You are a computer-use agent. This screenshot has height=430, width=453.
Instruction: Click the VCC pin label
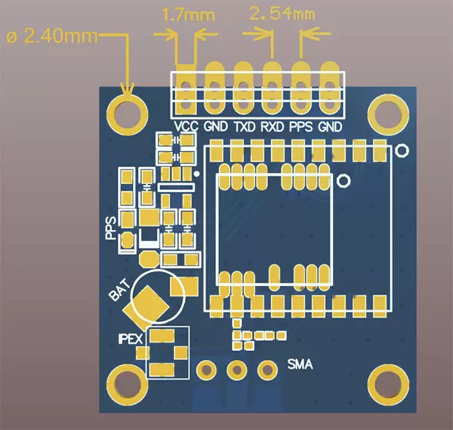point(187,126)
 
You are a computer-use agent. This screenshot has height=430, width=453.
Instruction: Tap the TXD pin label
point(244,126)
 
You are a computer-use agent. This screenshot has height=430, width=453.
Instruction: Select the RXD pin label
point(273,126)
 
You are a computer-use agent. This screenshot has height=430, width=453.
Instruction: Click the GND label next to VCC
point(216,126)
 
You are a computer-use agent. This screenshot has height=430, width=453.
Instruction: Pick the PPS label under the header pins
point(301,126)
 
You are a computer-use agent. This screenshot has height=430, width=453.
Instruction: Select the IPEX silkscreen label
point(131,337)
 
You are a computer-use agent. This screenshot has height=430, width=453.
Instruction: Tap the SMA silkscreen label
point(300,364)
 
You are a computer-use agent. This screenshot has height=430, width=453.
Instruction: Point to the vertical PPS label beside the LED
point(111,229)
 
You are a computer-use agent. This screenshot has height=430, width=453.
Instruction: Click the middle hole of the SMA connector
point(235,369)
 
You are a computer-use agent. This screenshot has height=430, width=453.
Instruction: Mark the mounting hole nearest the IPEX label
point(127,382)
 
